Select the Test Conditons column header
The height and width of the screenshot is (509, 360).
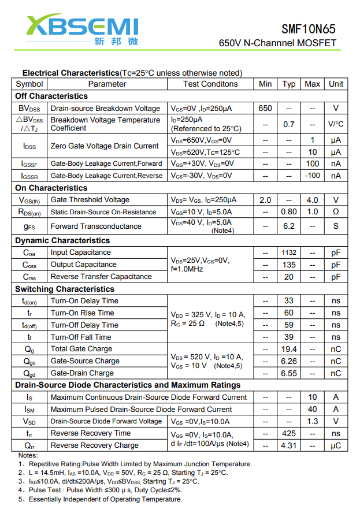click(x=210, y=84)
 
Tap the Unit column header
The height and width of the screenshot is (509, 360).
click(x=336, y=84)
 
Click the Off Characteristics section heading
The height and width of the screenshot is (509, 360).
click(x=51, y=96)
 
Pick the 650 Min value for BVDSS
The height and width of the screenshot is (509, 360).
click(x=265, y=108)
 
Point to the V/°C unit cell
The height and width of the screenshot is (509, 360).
click(x=336, y=124)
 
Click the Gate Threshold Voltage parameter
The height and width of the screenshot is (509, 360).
click(x=90, y=200)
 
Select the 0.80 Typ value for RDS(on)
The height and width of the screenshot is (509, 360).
click(x=289, y=212)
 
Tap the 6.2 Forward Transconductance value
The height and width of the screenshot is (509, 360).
click(x=289, y=226)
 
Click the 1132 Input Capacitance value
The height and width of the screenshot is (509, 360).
click(x=289, y=252)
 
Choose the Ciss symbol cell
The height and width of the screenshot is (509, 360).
click(x=29, y=252)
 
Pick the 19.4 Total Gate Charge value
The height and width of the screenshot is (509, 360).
click(x=289, y=349)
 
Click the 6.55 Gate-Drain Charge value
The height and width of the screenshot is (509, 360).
click(x=289, y=373)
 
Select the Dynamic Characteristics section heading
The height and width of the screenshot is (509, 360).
click(x=62, y=240)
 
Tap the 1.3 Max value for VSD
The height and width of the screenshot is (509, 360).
click(x=313, y=421)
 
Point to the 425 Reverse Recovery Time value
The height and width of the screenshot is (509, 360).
click(x=289, y=433)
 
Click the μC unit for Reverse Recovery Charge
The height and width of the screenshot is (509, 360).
click(x=336, y=445)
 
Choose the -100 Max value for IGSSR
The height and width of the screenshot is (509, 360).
click(x=313, y=176)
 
